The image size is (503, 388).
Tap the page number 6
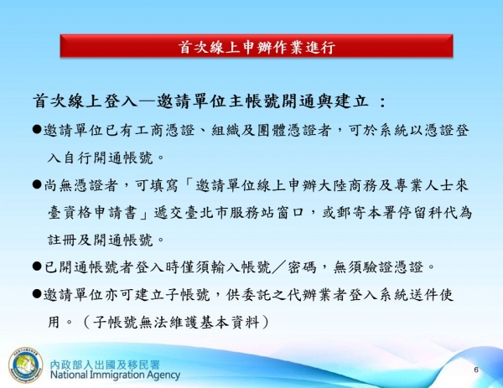[x=475, y=369]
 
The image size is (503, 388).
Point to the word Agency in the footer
[x=163, y=377]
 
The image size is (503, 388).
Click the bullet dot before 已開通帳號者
[x=38, y=267]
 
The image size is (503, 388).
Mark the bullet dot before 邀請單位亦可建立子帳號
[x=38, y=295]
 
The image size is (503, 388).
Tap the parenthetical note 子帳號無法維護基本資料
[x=181, y=323]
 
